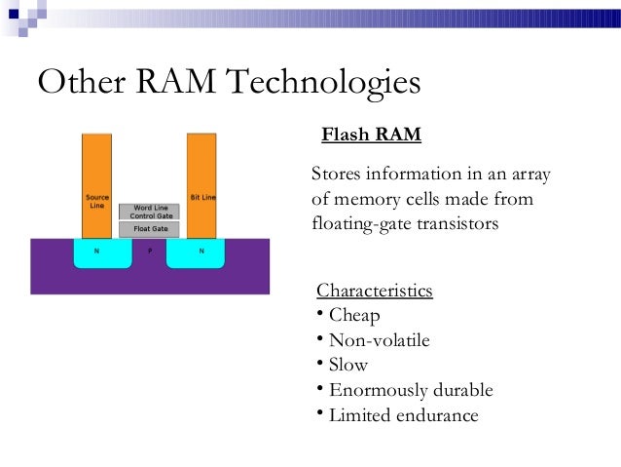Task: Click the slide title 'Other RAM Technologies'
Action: pos(229,84)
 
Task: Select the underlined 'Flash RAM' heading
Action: pos(371,135)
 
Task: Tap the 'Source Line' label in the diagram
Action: pos(96,201)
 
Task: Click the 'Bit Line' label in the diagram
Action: pos(202,197)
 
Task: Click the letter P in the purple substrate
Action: pos(149,251)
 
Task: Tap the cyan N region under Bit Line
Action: pos(201,254)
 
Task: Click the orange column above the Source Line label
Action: pos(96,161)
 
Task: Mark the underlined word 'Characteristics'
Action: pos(375,292)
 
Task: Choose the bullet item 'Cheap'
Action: pos(354,316)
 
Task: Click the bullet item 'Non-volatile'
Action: pos(379,340)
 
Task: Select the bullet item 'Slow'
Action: pos(348,366)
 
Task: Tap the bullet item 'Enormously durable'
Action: pos(411,391)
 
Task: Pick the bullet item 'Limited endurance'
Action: pos(404,415)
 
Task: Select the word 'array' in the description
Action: pos(530,175)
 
